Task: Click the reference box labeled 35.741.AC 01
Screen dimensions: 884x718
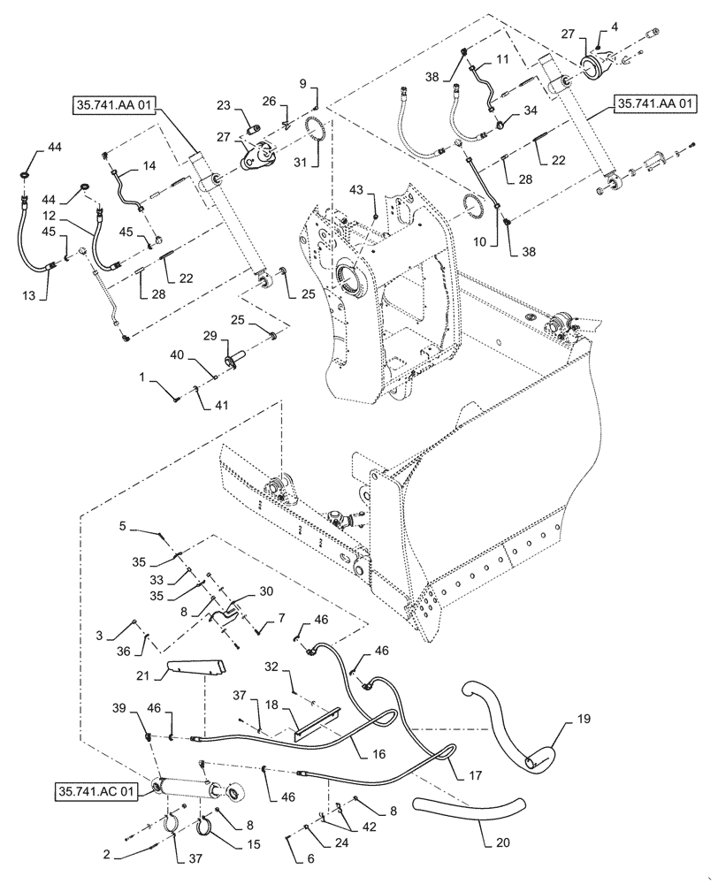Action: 96,790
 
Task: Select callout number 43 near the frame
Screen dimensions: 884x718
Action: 379,192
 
